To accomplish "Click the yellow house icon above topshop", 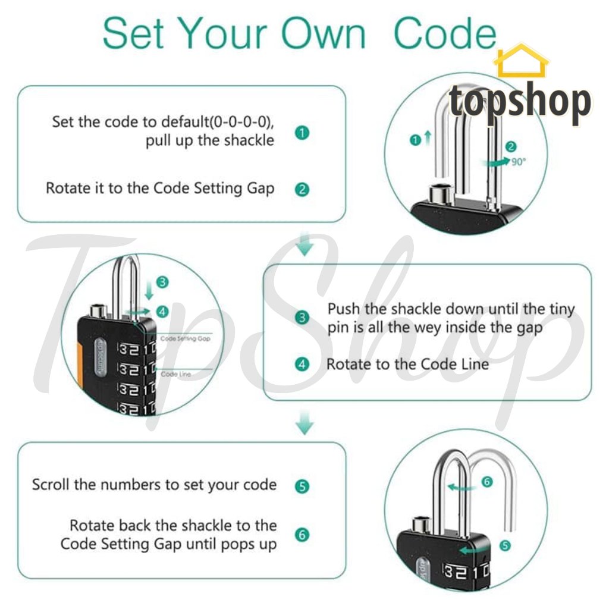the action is (x=521, y=61).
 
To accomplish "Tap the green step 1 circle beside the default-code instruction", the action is (x=302, y=133).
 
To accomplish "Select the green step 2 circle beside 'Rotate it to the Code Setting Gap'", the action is (x=302, y=190).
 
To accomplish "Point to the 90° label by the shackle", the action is (x=518, y=161).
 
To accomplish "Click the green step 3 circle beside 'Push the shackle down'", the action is (x=302, y=318).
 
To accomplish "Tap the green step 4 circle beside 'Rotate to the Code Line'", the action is (x=302, y=364).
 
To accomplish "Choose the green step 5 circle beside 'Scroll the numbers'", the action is (x=302, y=486).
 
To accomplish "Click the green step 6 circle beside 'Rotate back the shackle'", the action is (x=302, y=535).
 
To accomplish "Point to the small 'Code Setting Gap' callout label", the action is (x=185, y=338).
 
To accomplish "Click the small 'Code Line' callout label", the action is (x=176, y=374).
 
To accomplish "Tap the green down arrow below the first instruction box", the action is (x=304, y=244).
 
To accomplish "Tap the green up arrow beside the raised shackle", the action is (x=427, y=140).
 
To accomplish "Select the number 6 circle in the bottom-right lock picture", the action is (x=487, y=482).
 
